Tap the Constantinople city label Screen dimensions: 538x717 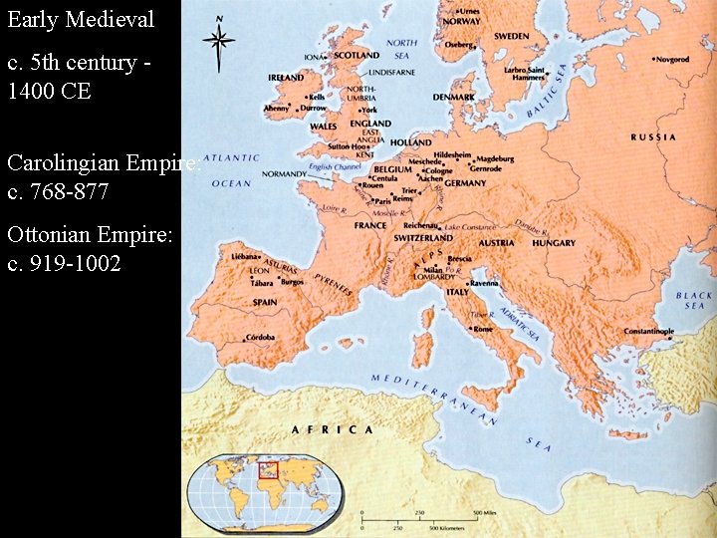[x=648, y=331]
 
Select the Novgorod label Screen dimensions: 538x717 [x=672, y=60]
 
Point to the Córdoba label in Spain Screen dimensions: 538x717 [x=261, y=338]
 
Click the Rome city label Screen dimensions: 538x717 [x=482, y=329]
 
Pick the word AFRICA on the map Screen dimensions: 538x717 [x=332, y=429]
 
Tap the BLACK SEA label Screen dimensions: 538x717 [x=693, y=301]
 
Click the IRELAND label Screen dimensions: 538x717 [x=286, y=78]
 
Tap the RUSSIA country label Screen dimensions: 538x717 [x=653, y=136]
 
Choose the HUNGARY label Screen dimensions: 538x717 [x=554, y=243]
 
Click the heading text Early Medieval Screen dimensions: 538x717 [x=81, y=19]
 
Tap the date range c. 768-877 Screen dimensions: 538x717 [x=58, y=191]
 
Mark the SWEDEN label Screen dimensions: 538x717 [x=511, y=36]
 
